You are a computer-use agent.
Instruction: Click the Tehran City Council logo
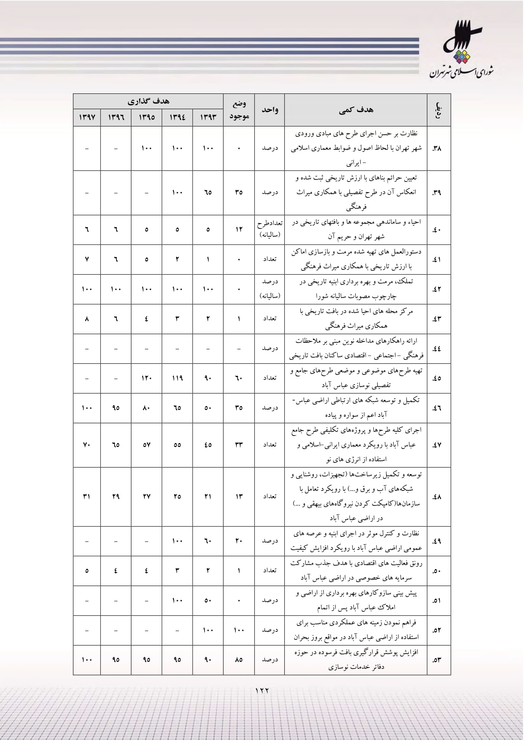click(461, 50)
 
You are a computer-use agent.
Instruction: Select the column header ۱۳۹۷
click(87, 117)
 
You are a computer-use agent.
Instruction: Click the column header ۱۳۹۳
click(208, 117)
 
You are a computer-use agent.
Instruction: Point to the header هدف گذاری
click(148, 101)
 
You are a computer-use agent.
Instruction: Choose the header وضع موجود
click(239, 109)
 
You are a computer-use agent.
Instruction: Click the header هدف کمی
click(356, 110)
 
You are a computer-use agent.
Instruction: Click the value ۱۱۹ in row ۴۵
click(177, 378)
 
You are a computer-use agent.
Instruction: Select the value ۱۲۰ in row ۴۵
click(146, 378)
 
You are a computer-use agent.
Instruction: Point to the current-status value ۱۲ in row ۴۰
click(239, 229)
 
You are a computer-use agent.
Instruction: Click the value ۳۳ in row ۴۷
click(239, 445)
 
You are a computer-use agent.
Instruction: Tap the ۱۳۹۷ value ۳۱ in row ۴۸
click(87, 496)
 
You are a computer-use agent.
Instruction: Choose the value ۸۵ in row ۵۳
click(239, 660)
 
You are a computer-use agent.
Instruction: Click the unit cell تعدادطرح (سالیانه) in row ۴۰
click(270, 229)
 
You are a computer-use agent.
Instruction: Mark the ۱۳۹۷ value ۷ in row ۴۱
click(87, 259)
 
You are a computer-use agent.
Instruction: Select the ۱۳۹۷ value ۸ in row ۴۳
click(87, 319)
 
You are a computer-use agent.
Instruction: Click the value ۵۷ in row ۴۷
click(146, 445)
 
